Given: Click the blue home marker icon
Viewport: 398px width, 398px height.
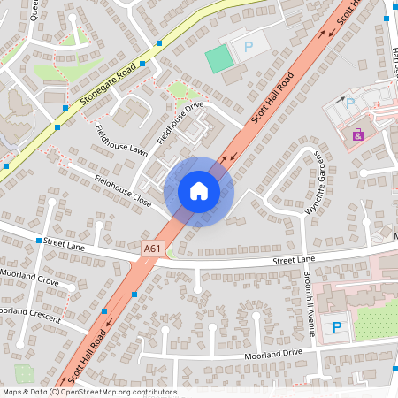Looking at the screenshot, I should coord(198,191).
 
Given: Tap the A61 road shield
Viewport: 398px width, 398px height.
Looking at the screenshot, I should coord(152,249).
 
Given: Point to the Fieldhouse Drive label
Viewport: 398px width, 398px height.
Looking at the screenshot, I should coord(180,123).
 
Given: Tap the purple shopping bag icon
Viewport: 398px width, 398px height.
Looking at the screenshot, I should coord(357,135).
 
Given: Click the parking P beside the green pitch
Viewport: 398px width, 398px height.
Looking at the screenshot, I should coord(248,45).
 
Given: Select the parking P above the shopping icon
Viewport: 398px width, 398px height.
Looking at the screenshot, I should coord(349,103).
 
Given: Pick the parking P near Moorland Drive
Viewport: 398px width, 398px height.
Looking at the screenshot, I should coord(336,327).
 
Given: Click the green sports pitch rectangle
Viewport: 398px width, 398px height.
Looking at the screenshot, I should coord(217,59).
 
